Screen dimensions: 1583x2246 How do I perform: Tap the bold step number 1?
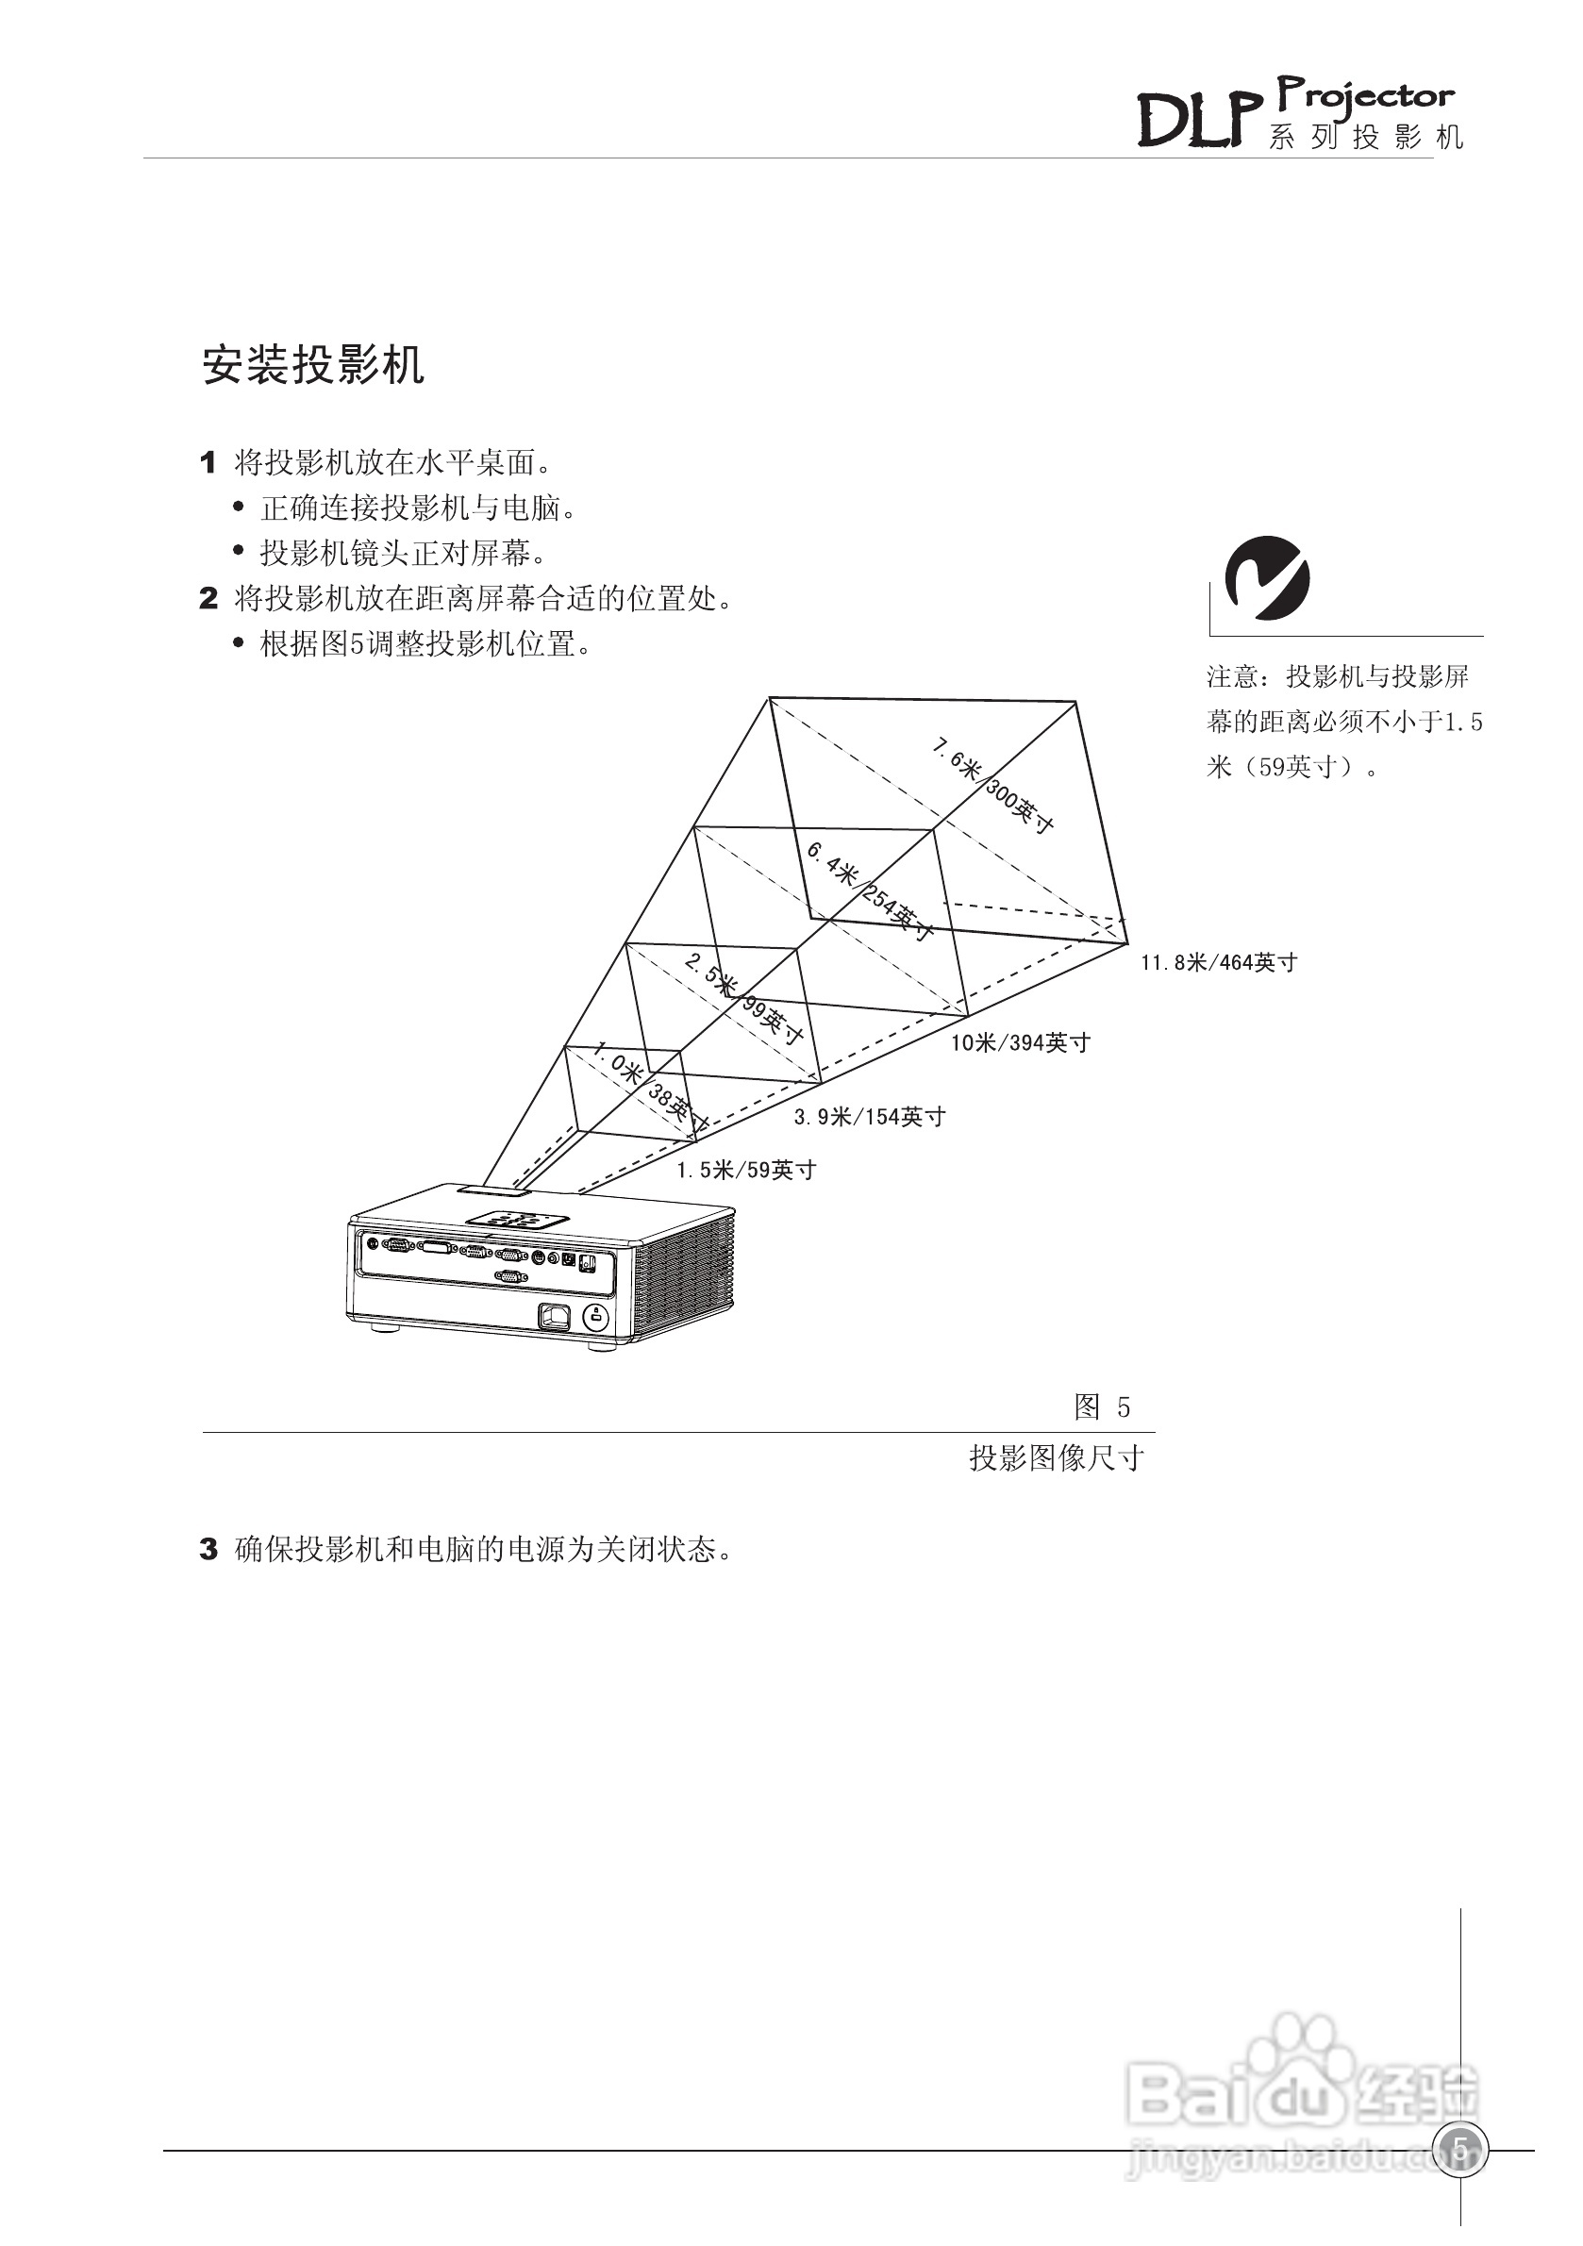(x=208, y=463)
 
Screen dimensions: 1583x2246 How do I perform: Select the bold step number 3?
(x=208, y=1550)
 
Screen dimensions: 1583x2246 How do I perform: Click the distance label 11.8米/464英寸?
(x=1218, y=962)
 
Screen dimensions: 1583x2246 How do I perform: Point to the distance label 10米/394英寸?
(x=1020, y=1042)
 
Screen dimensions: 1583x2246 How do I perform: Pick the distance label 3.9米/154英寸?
(x=869, y=1116)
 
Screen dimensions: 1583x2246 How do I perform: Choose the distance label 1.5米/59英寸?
(x=745, y=1170)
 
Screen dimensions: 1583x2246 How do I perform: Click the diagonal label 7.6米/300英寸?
(x=991, y=787)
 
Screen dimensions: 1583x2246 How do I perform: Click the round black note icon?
(x=1268, y=577)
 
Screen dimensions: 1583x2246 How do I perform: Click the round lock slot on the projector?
(x=595, y=1317)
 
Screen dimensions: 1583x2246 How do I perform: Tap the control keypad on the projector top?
(x=518, y=1221)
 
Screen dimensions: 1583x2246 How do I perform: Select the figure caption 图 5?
(x=1102, y=1407)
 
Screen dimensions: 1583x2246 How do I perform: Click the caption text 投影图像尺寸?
(x=1057, y=1458)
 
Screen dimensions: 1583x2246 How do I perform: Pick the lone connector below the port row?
(x=508, y=1275)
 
